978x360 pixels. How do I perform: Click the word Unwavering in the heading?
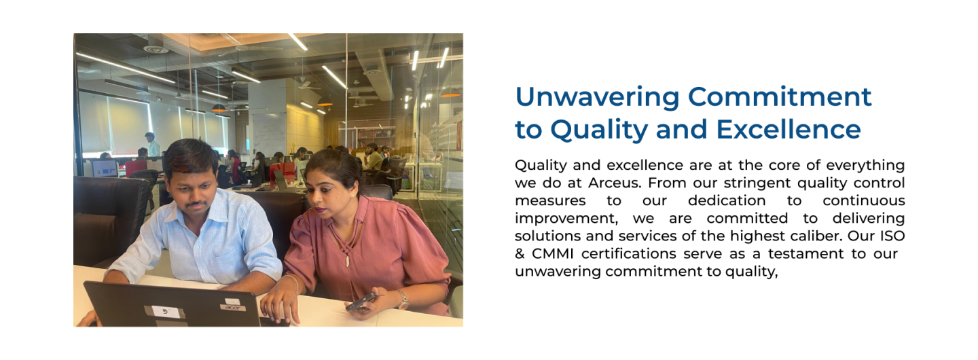597,97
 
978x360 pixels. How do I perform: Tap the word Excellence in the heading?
789,130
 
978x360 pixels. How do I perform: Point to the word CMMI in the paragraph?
552,253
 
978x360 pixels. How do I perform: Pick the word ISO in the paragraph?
892,236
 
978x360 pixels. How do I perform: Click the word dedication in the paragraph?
727,200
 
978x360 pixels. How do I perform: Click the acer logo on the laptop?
234,308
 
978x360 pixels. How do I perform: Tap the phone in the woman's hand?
361,302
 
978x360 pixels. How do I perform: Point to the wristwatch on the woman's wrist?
403,299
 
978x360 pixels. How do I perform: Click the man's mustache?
196,204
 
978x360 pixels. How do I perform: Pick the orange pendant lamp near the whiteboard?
219,108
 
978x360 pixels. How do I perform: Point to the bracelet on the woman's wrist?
293,283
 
